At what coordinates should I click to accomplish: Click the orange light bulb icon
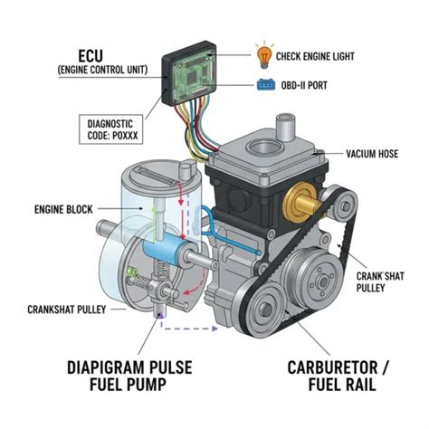tap(264, 56)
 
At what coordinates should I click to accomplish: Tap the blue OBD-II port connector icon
tap(266, 85)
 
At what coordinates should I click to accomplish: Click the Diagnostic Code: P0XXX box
tap(110, 129)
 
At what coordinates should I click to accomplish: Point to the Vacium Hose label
tap(372, 154)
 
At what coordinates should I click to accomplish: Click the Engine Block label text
tap(63, 209)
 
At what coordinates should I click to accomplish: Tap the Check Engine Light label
tap(315, 56)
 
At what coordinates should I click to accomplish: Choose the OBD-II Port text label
tap(304, 85)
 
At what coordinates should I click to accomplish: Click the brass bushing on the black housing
tap(301, 202)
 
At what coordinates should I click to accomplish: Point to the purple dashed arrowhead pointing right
tap(214, 329)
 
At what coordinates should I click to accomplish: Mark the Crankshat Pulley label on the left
tap(67, 310)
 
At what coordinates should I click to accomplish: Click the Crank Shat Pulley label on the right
tap(380, 281)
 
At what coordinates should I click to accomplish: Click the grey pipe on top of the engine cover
tap(285, 126)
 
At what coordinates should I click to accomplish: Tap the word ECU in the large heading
tap(91, 56)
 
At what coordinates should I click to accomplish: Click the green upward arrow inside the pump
tap(155, 224)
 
